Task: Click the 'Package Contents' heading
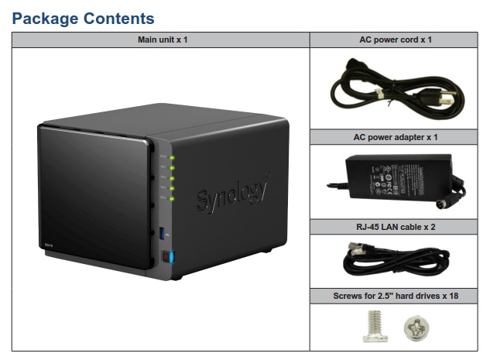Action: (x=84, y=18)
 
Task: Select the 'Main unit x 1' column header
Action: (x=161, y=39)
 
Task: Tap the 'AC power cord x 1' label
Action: (x=396, y=39)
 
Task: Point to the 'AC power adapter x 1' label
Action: (x=396, y=137)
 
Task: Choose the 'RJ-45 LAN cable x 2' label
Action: (x=396, y=227)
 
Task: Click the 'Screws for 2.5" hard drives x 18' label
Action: (x=396, y=295)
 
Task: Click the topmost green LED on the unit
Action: (x=173, y=159)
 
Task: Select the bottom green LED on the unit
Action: (x=173, y=197)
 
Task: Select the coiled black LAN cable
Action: (x=395, y=259)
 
